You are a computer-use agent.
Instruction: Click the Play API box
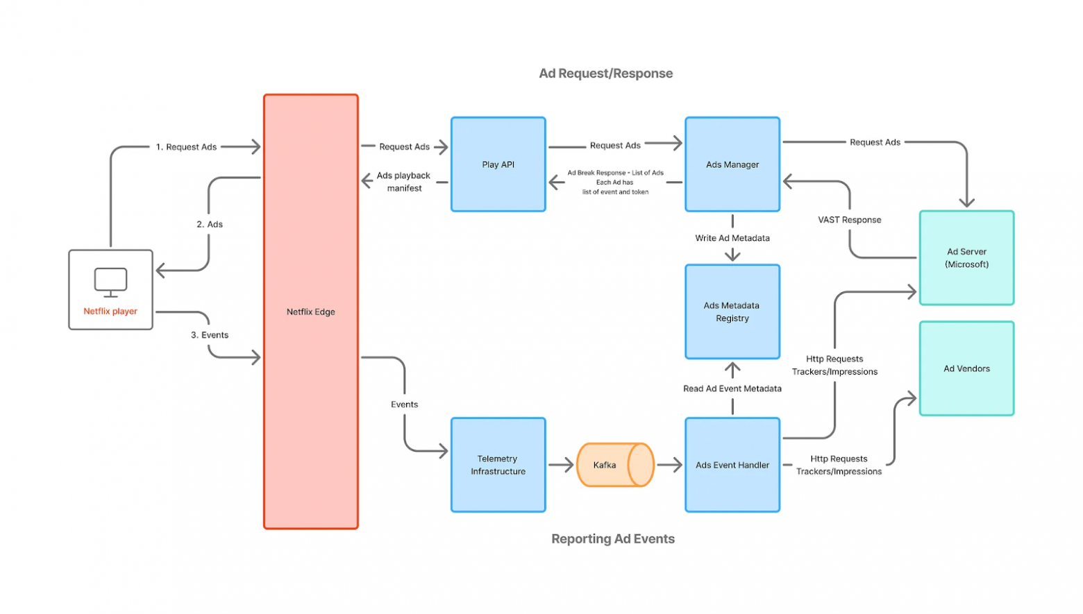[x=498, y=164]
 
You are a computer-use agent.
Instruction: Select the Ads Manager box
[x=732, y=164]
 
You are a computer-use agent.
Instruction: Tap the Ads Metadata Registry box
[x=732, y=312]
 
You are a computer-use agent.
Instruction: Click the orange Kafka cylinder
[x=614, y=465]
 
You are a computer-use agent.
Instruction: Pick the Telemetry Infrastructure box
[x=498, y=465]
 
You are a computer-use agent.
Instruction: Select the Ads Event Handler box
[x=732, y=465]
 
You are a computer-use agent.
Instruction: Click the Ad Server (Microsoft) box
[x=966, y=257]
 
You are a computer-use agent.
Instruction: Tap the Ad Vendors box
[x=966, y=368]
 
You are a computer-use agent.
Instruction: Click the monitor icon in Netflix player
[x=110, y=282]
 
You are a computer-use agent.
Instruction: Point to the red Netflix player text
[x=110, y=312]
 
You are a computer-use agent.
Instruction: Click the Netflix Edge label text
[x=310, y=312]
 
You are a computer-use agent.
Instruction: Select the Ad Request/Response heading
[x=605, y=74]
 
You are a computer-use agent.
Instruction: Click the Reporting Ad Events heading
[x=612, y=539]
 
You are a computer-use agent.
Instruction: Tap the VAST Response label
[x=849, y=220]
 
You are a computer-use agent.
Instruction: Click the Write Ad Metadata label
[x=732, y=238]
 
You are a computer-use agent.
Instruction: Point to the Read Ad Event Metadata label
[x=732, y=389]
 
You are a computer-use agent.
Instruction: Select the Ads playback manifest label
[x=403, y=182]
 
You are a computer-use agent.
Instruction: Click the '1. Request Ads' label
[x=186, y=147]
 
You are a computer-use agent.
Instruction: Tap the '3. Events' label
[x=210, y=335]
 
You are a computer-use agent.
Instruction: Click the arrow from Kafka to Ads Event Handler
[x=669, y=465]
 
